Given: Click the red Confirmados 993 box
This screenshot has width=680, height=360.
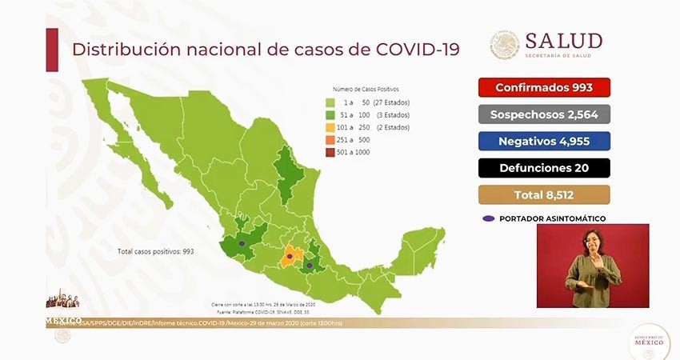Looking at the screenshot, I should (544, 87).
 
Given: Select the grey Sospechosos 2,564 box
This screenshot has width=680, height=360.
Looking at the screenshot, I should (544, 114).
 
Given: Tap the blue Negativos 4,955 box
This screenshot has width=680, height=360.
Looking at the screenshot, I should (544, 141).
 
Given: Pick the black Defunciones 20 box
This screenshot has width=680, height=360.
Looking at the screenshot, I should (544, 167).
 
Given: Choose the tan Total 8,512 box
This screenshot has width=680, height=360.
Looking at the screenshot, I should (544, 194).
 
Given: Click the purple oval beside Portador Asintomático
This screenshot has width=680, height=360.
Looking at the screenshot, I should (487, 218).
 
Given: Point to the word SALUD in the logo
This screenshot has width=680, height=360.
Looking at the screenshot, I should (563, 40).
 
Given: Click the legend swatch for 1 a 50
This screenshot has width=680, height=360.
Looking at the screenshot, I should (330, 103).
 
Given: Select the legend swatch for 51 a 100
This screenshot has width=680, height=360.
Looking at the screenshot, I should (330, 115).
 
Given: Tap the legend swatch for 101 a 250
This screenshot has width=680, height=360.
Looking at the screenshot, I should (330, 126).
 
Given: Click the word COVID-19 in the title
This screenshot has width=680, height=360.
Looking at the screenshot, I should (417, 49).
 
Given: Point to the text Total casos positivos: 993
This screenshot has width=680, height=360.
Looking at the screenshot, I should (156, 251).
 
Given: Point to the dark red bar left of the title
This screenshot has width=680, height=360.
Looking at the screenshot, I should (52, 50).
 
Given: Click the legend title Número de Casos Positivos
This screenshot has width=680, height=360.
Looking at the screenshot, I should (366, 90).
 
